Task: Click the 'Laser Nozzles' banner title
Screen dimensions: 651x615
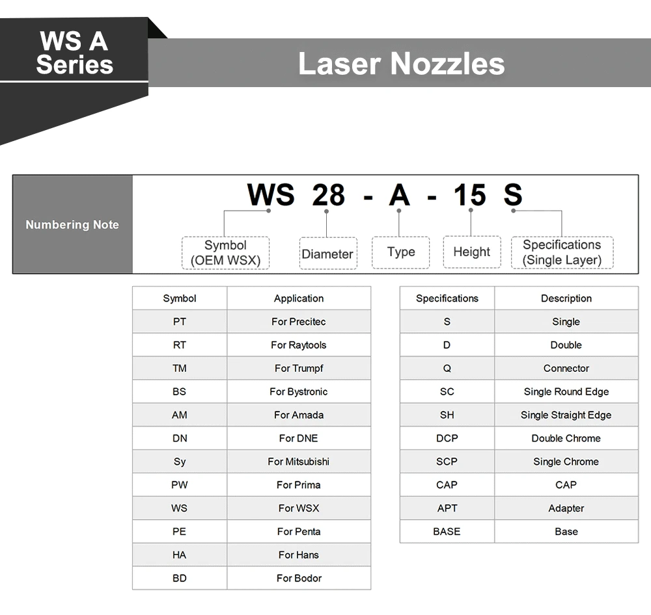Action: click(x=402, y=64)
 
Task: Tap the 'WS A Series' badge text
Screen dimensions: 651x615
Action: click(x=74, y=53)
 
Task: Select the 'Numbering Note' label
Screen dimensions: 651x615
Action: click(x=72, y=224)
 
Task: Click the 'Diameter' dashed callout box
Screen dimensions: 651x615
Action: click(x=328, y=254)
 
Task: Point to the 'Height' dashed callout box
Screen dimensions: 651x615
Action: click(x=472, y=252)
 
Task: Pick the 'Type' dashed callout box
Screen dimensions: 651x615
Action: click(x=400, y=252)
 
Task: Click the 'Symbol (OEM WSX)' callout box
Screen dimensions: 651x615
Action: click(x=225, y=252)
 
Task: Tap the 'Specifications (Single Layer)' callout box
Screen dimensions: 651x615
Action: click(x=562, y=252)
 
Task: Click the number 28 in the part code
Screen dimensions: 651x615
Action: click(x=328, y=194)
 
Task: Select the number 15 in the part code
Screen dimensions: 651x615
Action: click(x=469, y=194)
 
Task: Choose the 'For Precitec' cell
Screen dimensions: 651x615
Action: click(x=299, y=321)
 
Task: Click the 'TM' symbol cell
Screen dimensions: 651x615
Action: click(x=180, y=368)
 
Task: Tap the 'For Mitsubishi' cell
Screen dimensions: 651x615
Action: click(x=299, y=462)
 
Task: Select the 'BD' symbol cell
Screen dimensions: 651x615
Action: click(x=180, y=578)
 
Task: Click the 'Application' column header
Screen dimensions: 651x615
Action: click(x=299, y=298)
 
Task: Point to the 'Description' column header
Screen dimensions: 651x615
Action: click(x=566, y=298)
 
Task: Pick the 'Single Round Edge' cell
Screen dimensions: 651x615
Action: click(x=566, y=391)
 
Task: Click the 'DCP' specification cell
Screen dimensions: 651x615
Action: click(x=447, y=438)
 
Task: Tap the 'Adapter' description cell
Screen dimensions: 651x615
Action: click(x=566, y=508)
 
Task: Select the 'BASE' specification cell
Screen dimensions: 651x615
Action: click(x=447, y=532)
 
